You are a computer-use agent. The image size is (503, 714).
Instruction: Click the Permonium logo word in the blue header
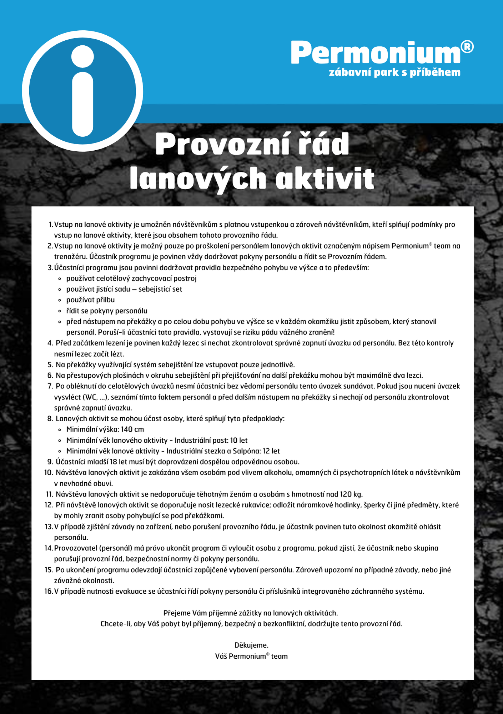coord(376,53)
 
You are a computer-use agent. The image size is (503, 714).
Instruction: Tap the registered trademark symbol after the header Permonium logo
coord(467,47)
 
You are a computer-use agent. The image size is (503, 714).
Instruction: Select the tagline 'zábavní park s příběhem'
coord(394,72)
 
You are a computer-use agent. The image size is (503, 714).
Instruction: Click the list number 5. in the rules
coord(50,364)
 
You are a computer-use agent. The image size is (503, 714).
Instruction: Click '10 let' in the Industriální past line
coord(239,440)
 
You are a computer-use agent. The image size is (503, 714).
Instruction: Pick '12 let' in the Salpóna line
coord(271,451)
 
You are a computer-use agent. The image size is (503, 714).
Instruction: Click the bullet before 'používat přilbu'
coord(60,300)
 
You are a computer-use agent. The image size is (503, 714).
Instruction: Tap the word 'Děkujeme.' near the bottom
coord(251,645)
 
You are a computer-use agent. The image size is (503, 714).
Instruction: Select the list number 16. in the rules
coord(49,591)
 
